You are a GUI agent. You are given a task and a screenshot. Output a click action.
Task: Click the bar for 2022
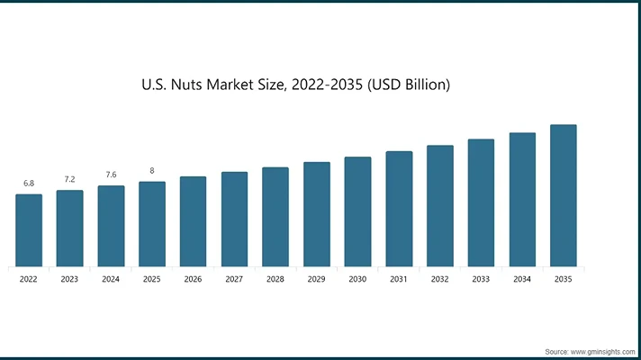point(29,229)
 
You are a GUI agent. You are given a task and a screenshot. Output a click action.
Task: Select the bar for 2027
point(234,219)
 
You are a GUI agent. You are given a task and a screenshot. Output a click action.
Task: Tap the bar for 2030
point(357,211)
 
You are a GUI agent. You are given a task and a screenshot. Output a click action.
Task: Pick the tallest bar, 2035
point(564,195)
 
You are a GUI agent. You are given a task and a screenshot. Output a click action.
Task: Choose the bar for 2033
point(481,202)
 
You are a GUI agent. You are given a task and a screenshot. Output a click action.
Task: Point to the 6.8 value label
point(29,184)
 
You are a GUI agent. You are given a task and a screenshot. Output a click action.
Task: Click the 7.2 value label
point(69,180)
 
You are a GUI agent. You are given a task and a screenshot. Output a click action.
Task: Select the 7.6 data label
point(111,175)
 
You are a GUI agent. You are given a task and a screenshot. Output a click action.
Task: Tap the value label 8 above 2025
point(152,171)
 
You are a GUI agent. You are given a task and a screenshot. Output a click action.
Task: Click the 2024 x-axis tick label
point(111,280)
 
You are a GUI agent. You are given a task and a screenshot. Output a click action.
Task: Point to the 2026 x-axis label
point(193,280)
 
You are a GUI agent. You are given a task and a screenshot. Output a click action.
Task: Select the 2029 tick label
point(316,280)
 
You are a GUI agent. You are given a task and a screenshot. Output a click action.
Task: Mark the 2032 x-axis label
point(439,280)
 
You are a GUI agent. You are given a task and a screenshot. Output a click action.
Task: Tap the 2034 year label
point(522,280)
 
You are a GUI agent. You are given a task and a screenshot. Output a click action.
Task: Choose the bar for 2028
point(275,216)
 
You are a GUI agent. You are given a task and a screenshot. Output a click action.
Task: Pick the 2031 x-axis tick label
point(399,280)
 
